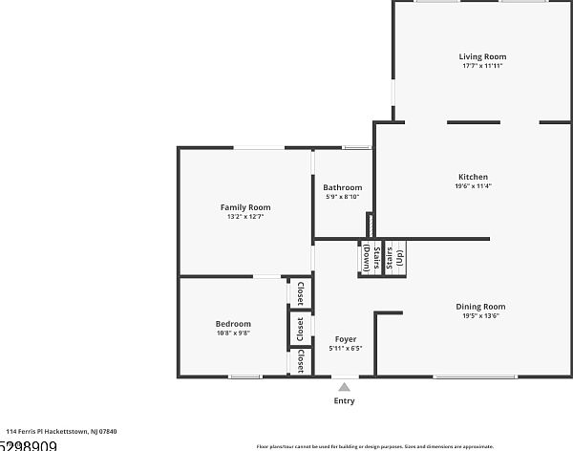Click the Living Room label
482,57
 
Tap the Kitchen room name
473,177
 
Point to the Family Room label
245,207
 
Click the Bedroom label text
233,324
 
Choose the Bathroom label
342,187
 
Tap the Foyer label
346,339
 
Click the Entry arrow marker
344,387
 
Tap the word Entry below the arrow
344,401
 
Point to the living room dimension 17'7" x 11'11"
482,67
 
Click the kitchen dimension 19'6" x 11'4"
473,186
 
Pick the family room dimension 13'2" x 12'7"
245,217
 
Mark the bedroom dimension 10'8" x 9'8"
233,333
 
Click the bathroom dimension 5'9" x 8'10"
342,197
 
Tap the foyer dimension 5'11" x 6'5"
346,349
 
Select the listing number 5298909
29,445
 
